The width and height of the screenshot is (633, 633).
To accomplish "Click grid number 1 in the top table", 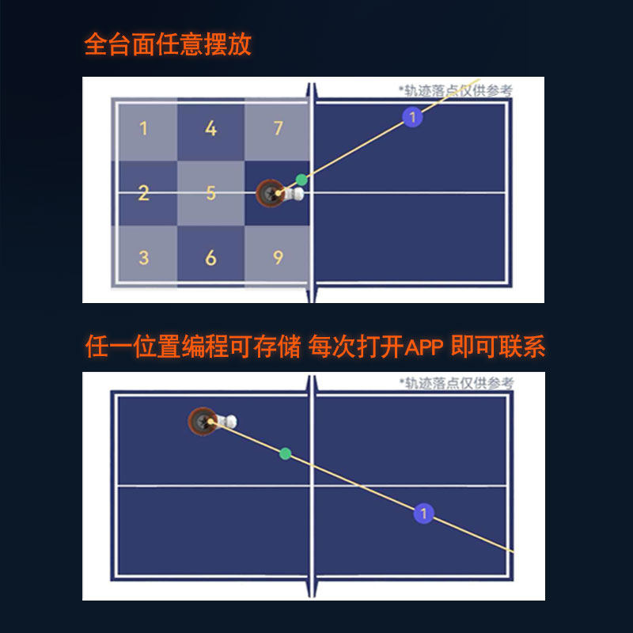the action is (x=143, y=128).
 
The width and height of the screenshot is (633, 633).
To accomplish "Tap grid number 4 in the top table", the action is (x=210, y=128).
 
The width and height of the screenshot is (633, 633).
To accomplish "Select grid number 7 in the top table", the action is (x=279, y=128).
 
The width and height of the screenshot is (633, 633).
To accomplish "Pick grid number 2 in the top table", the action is (x=143, y=193).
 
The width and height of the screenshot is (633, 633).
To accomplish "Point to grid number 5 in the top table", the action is (x=210, y=193).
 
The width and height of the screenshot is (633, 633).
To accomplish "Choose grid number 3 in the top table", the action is (x=144, y=258).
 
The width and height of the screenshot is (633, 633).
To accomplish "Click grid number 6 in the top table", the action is (x=210, y=258).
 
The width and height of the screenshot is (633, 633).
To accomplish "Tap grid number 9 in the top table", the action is (x=279, y=258).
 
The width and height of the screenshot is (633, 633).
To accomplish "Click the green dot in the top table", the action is (x=301, y=180).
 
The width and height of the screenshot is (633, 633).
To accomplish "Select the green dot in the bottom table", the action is (x=286, y=453).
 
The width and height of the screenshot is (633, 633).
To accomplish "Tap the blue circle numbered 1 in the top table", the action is (x=412, y=117).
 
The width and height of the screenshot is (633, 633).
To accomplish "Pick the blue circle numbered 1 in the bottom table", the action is (x=423, y=514).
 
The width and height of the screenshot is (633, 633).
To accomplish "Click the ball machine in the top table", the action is (x=279, y=193).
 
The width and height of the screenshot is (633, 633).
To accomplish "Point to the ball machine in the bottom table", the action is (x=212, y=422).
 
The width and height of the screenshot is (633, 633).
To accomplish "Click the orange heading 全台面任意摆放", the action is (x=168, y=44).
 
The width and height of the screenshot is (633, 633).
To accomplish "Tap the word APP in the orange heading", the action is (x=423, y=347).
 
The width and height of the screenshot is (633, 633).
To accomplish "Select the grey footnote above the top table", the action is (x=456, y=90).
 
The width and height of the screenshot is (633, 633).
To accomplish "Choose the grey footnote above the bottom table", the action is (x=457, y=383).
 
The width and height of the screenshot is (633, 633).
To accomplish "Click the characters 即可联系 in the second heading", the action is (x=498, y=347).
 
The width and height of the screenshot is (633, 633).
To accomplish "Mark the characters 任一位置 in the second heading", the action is (x=132, y=347).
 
